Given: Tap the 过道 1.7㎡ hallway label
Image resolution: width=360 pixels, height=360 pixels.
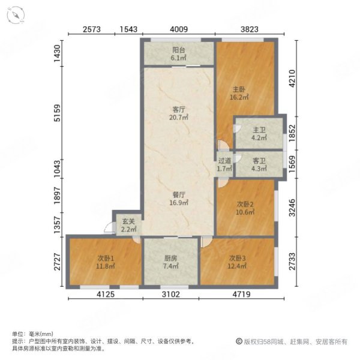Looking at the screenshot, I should (224, 165).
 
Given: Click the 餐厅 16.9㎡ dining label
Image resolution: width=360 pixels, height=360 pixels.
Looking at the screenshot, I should (178, 199).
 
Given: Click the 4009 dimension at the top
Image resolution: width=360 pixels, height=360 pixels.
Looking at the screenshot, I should (178, 29).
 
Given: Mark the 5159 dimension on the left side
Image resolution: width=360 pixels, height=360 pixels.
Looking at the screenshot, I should (57, 114).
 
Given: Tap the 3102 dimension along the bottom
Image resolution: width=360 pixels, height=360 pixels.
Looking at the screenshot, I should (170, 295).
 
